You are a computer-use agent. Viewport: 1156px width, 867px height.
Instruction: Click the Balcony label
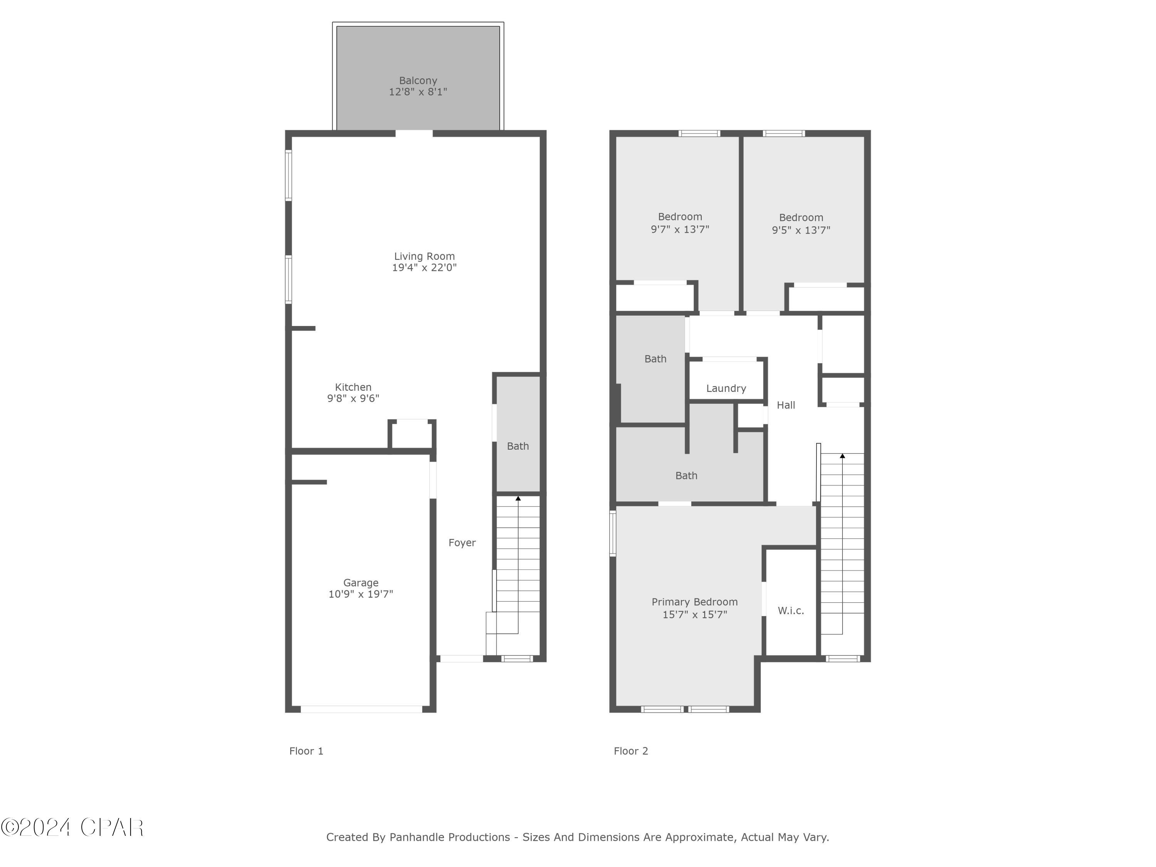pyautogui.click(x=418, y=81)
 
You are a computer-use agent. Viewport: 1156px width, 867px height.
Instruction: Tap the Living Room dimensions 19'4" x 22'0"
pyautogui.click(x=424, y=267)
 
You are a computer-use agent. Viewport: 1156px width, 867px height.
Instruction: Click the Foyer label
pyautogui.click(x=462, y=543)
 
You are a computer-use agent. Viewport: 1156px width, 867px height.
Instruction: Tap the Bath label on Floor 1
pyautogui.click(x=518, y=446)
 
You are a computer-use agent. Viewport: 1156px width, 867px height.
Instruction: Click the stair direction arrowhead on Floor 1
pyautogui.click(x=518, y=499)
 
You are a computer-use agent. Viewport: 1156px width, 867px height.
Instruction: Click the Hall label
pyautogui.click(x=785, y=405)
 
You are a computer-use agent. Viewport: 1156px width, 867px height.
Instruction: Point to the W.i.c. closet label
pyautogui.click(x=790, y=610)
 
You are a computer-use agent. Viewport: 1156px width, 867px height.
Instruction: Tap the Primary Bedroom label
pyautogui.click(x=694, y=602)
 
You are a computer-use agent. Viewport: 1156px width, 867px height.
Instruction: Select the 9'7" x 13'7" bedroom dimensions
pyautogui.click(x=679, y=229)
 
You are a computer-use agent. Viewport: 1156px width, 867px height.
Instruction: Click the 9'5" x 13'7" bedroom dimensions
pyautogui.click(x=801, y=230)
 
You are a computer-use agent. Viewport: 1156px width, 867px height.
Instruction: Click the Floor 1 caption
pyautogui.click(x=306, y=751)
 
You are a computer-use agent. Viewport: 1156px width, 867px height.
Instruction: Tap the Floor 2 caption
pyautogui.click(x=631, y=751)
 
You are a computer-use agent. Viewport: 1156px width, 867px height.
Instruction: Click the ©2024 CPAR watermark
pyautogui.click(x=72, y=827)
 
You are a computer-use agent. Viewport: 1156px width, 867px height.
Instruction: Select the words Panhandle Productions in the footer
pyautogui.click(x=449, y=837)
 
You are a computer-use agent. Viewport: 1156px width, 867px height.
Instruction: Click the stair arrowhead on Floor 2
pyautogui.click(x=842, y=456)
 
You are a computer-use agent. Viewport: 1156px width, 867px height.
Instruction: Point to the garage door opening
pyautogui.click(x=361, y=709)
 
